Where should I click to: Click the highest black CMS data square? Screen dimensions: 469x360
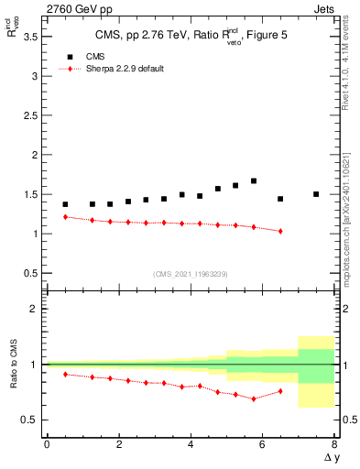[x=254, y=181]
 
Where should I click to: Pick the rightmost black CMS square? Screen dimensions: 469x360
[x=316, y=194]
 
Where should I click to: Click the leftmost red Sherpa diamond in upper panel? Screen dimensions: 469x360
[x=65, y=217]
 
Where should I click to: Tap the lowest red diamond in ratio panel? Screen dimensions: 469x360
[x=254, y=398]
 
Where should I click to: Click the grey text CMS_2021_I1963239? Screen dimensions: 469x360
[x=190, y=274]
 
